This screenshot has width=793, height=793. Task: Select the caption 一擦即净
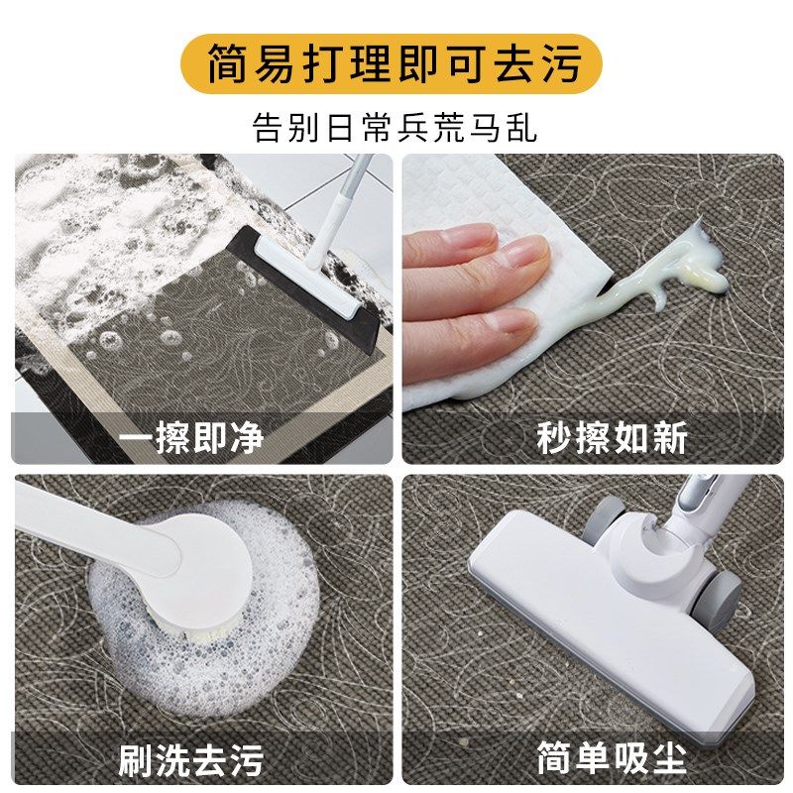click(x=190, y=437)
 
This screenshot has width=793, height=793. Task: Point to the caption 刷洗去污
click(x=190, y=759)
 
